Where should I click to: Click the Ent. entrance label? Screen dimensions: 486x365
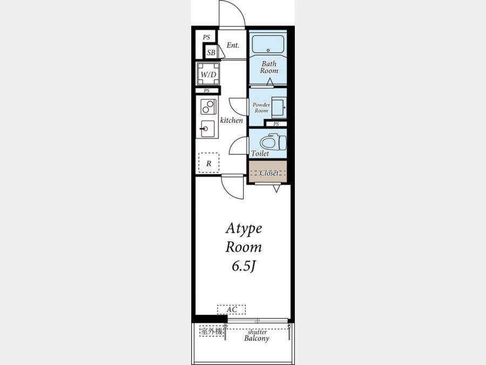[x=233, y=45]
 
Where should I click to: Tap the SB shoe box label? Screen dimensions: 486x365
[x=211, y=52]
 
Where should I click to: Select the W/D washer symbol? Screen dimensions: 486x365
[x=208, y=74]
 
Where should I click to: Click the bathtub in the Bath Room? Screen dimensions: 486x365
[x=268, y=44]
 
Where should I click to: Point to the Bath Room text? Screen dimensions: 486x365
[x=269, y=67]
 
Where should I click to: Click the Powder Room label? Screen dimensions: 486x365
[x=261, y=108]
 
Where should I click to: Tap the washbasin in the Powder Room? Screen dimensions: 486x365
[x=279, y=108]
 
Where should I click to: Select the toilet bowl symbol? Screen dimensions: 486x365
[x=273, y=142]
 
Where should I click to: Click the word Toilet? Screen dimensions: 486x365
[x=260, y=154]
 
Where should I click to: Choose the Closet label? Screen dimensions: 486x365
[x=269, y=173]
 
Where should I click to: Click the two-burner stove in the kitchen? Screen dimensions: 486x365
[x=208, y=107]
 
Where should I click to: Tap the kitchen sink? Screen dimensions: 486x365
[x=207, y=129]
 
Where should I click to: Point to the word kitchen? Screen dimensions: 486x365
[x=232, y=120]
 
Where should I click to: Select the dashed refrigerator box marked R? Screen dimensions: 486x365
[x=208, y=163]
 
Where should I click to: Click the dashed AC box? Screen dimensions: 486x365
[x=232, y=309]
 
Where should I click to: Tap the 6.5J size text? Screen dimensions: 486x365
[x=244, y=266]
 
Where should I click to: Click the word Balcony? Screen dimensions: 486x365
[x=256, y=339]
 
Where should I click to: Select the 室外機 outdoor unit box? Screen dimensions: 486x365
[x=211, y=331]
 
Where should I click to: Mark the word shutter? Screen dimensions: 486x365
[x=257, y=332]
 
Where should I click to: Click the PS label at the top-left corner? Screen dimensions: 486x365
[x=206, y=37]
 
